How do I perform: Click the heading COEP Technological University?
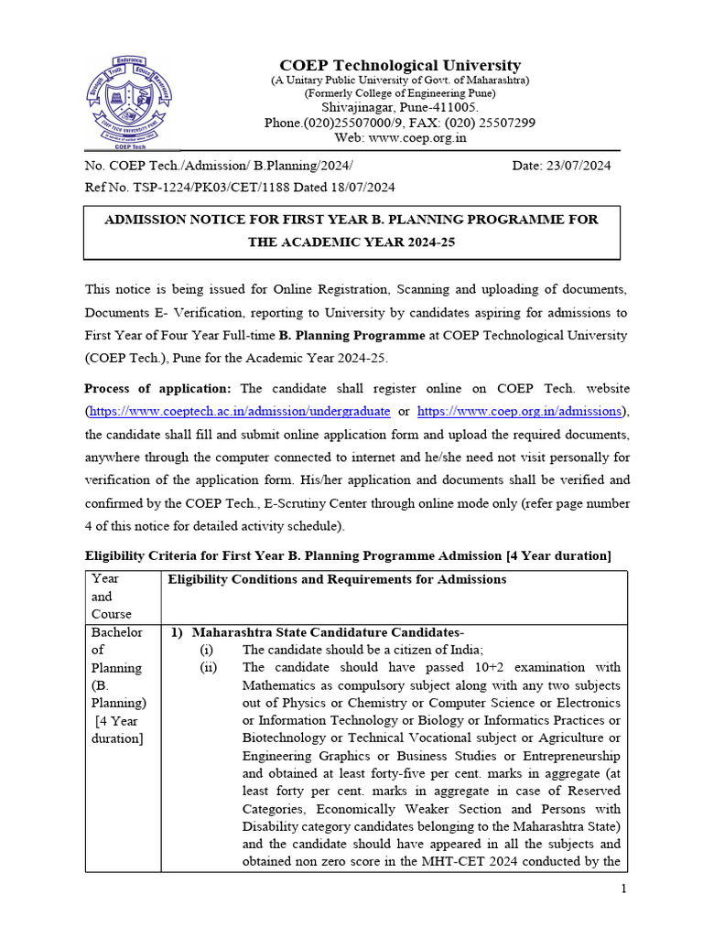click(x=400, y=65)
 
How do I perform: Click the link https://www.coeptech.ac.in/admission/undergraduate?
click(x=239, y=412)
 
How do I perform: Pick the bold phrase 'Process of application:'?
click(x=157, y=388)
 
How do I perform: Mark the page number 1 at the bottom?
click(x=623, y=889)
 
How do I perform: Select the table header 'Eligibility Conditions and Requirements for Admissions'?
click(x=337, y=579)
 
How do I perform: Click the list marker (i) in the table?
click(x=210, y=650)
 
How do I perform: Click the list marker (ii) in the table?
click(x=210, y=667)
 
